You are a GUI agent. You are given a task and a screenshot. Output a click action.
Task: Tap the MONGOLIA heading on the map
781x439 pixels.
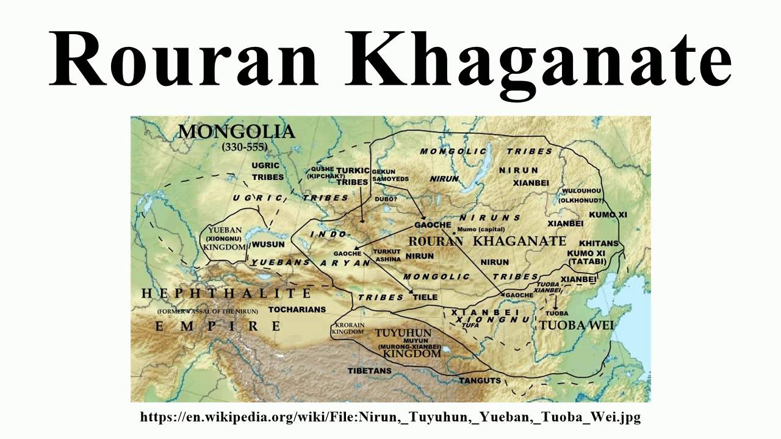[236, 132]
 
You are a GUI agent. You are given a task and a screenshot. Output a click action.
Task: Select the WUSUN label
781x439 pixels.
[268, 244]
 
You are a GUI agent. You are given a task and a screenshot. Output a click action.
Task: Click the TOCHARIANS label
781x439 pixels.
[297, 309]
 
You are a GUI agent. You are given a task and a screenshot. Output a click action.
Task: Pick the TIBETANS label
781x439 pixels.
[369, 371]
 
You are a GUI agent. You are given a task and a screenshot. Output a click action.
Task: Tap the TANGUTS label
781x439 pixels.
[480, 380]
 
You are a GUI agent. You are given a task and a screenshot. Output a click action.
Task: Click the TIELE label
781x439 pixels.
[426, 297]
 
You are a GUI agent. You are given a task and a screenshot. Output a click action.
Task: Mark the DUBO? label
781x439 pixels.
[386, 199]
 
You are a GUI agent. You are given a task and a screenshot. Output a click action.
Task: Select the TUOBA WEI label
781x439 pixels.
[576, 325]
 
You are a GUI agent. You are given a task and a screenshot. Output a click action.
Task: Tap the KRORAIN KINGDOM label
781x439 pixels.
[348, 329]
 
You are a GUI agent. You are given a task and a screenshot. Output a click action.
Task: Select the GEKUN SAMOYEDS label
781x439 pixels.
[390, 175]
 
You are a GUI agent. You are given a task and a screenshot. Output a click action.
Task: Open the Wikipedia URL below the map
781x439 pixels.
[390, 418]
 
